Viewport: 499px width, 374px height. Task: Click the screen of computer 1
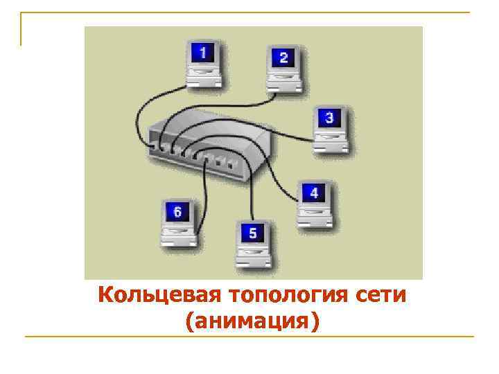[x=202, y=53]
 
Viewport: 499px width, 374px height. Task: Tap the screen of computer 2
[x=283, y=58]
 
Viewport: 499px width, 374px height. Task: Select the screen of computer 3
[x=329, y=118]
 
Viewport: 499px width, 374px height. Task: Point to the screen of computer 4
[x=314, y=193]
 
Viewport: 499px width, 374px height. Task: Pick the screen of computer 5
[x=252, y=233]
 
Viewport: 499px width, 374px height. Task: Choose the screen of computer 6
[x=177, y=213]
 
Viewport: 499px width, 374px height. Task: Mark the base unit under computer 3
[x=331, y=143]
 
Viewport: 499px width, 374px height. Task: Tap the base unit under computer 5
[x=253, y=259]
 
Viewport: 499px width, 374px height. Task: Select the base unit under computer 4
[x=315, y=218]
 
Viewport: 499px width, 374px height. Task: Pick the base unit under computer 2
[x=284, y=83]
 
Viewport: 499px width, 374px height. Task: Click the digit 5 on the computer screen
[x=252, y=233]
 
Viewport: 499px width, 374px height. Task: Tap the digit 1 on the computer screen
[x=202, y=53]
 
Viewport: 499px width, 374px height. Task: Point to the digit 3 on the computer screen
[x=329, y=118]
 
